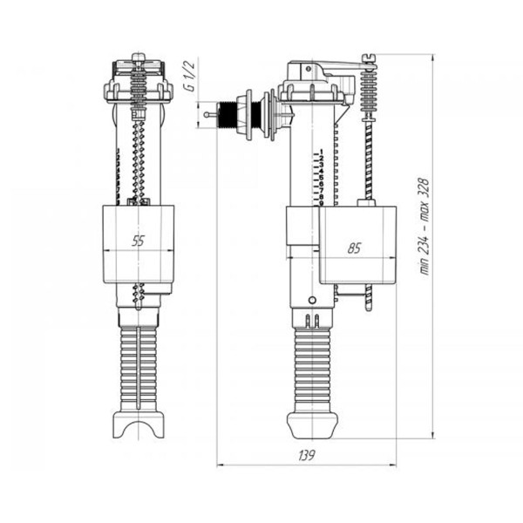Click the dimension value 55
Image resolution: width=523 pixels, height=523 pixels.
pos(138,241)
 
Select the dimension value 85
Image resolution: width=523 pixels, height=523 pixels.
pos(354,248)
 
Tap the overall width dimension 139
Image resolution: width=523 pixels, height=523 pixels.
pos(307,455)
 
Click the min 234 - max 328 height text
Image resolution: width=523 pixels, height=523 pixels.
pos(425,227)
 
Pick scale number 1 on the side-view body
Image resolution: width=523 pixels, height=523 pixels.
pos(322,152)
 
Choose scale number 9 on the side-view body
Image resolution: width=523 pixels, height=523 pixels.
pos(322,203)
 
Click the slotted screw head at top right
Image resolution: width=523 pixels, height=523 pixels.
pos(369,58)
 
